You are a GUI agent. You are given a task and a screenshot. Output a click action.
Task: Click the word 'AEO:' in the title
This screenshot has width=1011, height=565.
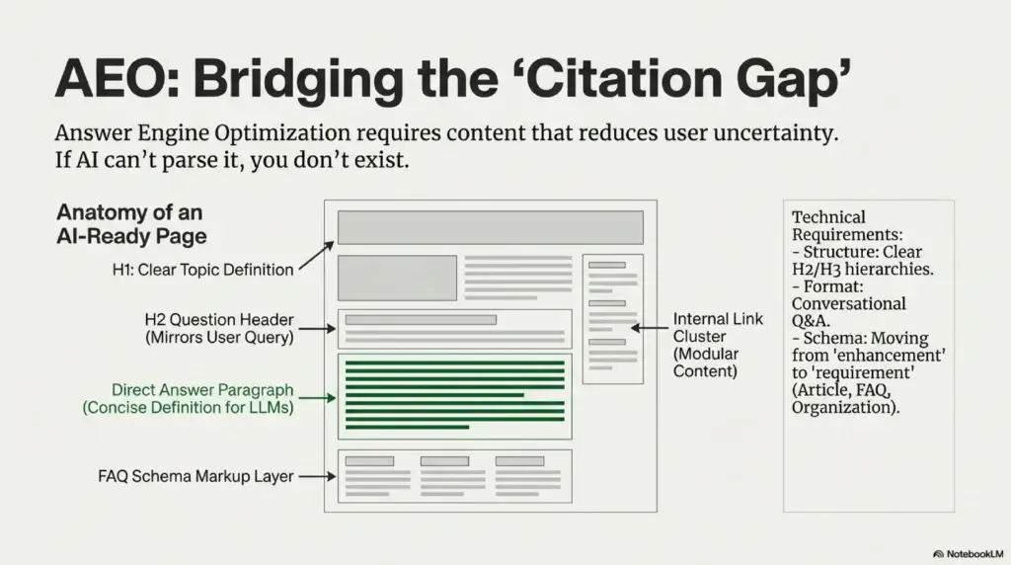117,79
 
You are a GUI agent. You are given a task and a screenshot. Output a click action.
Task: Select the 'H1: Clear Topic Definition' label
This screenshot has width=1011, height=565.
202,270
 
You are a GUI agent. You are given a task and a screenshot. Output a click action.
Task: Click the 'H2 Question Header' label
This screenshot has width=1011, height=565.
219,320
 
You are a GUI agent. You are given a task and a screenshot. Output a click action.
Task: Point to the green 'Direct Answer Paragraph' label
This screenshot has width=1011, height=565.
202,390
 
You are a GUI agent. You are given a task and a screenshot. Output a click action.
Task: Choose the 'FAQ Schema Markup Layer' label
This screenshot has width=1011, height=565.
196,477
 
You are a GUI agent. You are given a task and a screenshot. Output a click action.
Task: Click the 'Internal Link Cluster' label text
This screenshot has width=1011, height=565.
718,328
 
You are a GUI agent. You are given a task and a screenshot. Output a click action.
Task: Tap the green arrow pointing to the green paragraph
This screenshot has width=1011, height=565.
317,398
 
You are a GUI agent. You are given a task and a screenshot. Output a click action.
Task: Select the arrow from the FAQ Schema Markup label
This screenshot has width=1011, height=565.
317,477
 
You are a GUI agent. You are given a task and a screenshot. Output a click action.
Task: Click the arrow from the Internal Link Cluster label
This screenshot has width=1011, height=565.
650,328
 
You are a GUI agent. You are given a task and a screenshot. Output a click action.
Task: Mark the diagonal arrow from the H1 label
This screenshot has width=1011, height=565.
317,256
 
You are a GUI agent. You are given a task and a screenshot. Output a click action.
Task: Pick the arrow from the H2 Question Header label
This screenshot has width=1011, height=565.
317,329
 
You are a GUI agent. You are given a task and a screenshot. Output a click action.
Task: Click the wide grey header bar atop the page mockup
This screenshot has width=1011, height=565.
491,227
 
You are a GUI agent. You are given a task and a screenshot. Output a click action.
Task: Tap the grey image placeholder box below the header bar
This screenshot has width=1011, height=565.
397,278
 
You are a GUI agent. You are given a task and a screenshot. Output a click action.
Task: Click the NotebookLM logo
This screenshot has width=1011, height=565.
968,554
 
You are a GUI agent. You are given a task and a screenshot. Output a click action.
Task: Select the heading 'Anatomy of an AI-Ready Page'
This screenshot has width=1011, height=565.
131,224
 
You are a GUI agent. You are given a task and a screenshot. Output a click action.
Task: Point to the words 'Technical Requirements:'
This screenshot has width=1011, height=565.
847,226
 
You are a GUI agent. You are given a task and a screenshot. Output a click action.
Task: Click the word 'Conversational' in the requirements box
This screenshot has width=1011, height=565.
848,304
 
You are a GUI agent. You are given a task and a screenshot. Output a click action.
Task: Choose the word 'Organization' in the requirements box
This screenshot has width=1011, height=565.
843,408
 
